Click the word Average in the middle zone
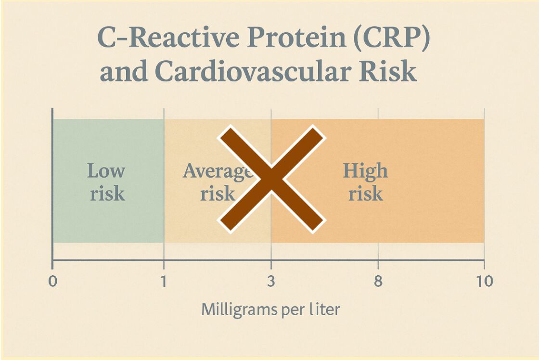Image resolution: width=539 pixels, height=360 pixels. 217,171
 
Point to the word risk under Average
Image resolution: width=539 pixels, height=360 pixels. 218,194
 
